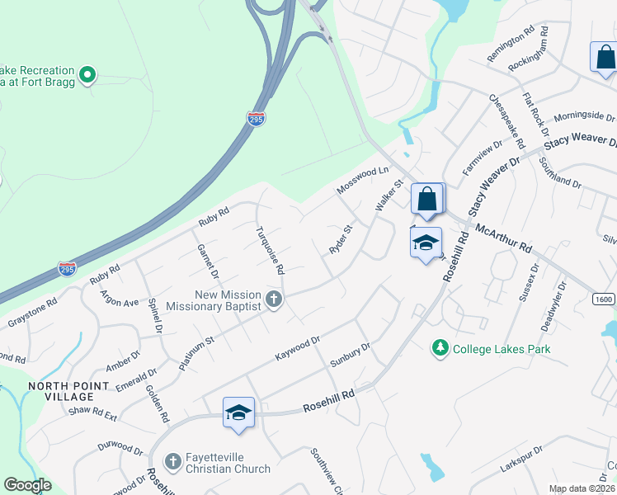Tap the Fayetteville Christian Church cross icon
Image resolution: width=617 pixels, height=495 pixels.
tap(173, 460)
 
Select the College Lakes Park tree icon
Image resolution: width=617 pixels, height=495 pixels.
tap(440, 349)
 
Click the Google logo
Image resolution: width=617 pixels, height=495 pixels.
tap(28, 485)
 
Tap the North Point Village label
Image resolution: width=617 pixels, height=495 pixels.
tap(68, 392)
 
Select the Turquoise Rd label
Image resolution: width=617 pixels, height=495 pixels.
tap(270, 249)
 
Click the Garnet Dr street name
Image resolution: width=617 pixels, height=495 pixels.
tap(207, 261)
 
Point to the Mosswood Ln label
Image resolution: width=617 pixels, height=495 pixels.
tap(363, 181)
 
